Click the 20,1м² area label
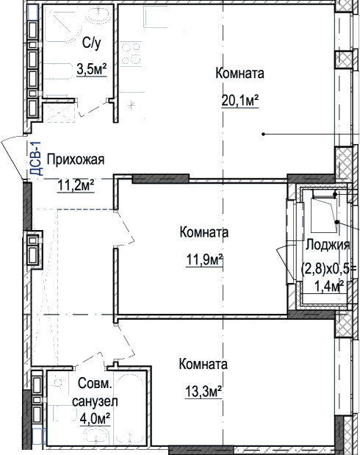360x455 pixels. [240, 101]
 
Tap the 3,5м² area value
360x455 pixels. [92, 69]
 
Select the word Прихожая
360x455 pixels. [76, 160]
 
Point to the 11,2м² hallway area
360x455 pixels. [76, 185]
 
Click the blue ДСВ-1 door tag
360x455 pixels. [37, 159]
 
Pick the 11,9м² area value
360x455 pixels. [204, 259]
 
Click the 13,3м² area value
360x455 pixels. [204, 392]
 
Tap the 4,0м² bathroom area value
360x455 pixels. [95, 419]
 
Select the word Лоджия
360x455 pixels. [328, 246]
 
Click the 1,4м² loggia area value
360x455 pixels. [330, 287]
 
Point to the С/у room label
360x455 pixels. [92, 43]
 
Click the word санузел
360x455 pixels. [95, 402]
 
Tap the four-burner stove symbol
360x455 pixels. [131, 53]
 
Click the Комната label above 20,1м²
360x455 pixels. [240, 73]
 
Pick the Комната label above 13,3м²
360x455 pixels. [203, 364]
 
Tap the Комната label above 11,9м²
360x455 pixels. [204, 232]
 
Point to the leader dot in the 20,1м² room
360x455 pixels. [264, 134]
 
